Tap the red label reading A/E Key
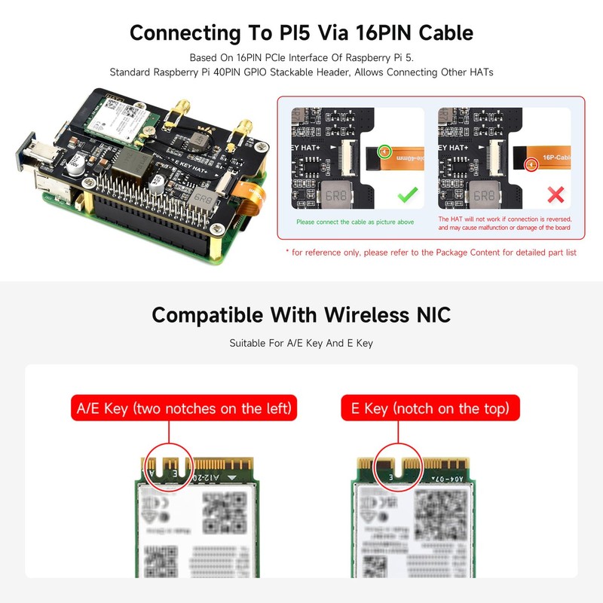(184, 409)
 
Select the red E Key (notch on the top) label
(430, 409)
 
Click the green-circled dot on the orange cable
(385, 152)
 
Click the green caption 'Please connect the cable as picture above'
(354, 222)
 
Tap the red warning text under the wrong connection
(504, 223)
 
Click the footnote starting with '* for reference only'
(430, 253)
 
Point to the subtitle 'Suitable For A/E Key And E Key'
(301, 344)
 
